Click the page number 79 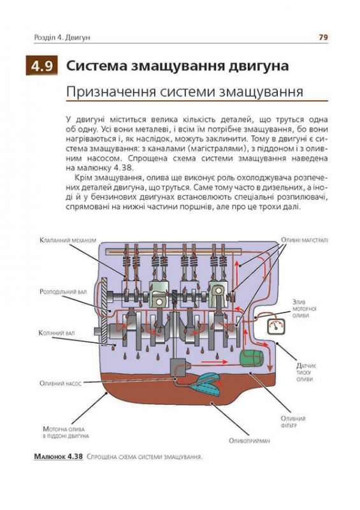(x=323, y=38)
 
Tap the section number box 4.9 (x=42, y=67)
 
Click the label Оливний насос (x=60, y=384)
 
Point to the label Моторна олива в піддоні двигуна (x=66, y=432)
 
